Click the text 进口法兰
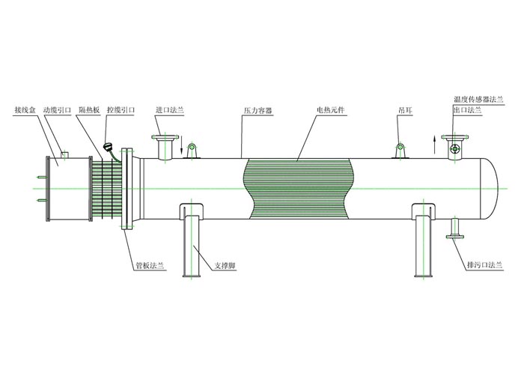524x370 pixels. pyautogui.click(x=169, y=110)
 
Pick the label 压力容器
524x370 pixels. pyautogui.click(x=257, y=110)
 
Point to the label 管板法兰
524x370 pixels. pyautogui.click(x=150, y=264)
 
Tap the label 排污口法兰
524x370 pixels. pyautogui.click(x=490, y=264)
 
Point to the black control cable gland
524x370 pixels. pyautogui.click(x=111, y=148)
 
